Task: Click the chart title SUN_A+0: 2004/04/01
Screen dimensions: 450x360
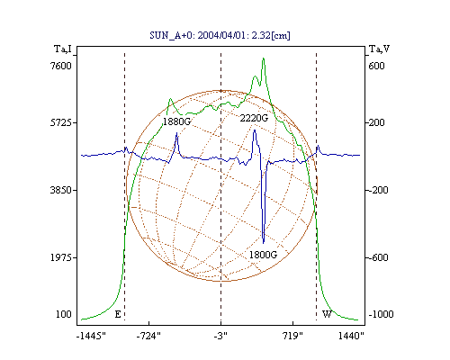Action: tap(220, 35)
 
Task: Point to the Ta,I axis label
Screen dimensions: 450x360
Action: tap(63, 49)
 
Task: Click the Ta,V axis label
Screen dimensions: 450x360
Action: tap(379, 49)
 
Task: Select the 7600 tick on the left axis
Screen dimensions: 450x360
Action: tap(61, 66)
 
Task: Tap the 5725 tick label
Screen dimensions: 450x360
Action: tap(61, 122)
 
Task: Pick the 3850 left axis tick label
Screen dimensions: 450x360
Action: tap(61, 190)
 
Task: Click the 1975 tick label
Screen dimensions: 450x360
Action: tap(61, 257)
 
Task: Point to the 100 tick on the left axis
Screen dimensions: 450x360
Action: tap(64, 314)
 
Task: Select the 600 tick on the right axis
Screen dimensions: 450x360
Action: tap(376, 66)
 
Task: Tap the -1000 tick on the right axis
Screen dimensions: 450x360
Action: tap(381, 314)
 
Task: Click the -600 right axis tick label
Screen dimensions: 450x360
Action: tap(378, 257)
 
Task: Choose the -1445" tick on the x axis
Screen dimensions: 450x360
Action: tap(91, 336)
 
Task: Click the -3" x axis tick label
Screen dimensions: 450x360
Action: tap(220, 336)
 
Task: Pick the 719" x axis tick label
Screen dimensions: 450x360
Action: tap(292, 336)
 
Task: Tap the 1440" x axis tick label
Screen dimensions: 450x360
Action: tap(351, 336)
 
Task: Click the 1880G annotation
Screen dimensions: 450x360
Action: tap(176, 121)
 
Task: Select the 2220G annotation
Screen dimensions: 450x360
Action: tap(254, 118)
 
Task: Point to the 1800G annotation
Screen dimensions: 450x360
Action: tap(263, 255)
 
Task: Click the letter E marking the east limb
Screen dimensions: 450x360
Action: tap(118, 314)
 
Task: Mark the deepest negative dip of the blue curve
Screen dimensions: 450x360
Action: tap(264, 242)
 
